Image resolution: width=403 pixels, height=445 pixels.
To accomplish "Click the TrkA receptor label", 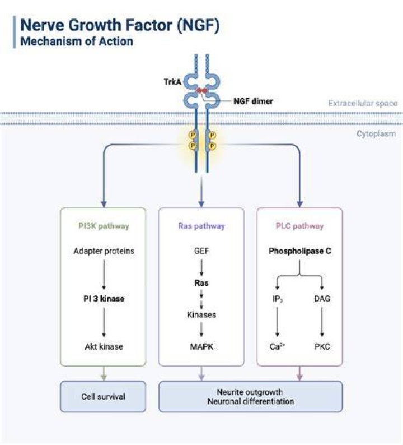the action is coord(172,82).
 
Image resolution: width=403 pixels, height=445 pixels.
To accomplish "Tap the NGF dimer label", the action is coord(253,101).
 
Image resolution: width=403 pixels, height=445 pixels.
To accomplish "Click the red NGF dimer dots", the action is coord(202,91).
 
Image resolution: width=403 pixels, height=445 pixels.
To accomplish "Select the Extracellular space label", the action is coord(363,103).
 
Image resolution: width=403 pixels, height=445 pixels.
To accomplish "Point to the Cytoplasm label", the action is coord(376,134).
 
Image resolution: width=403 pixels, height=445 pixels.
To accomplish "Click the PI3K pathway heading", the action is coord(104,226).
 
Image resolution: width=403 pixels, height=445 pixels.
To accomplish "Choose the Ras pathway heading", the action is coord(201,226).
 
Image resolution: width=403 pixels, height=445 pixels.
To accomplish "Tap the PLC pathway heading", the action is coord(299,226).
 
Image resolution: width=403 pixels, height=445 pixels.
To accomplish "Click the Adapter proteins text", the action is coord(104,251).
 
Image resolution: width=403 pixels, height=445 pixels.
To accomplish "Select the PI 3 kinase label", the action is coord(104,299).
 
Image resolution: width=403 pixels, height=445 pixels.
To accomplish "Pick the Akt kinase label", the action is coord(104,346).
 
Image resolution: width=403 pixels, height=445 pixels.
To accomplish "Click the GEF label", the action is coord(201,251).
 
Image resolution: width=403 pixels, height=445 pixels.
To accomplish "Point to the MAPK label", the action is coord(201,346).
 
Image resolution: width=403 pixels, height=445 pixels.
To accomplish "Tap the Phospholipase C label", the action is coord(299,251).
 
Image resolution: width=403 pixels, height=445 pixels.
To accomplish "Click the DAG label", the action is coord(322,299).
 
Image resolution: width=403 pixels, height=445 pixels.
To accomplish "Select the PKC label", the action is coord(322,346).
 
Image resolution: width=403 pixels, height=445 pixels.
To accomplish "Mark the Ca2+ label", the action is coord(277,346).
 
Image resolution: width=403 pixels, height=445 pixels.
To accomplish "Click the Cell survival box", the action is coord(103,396).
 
